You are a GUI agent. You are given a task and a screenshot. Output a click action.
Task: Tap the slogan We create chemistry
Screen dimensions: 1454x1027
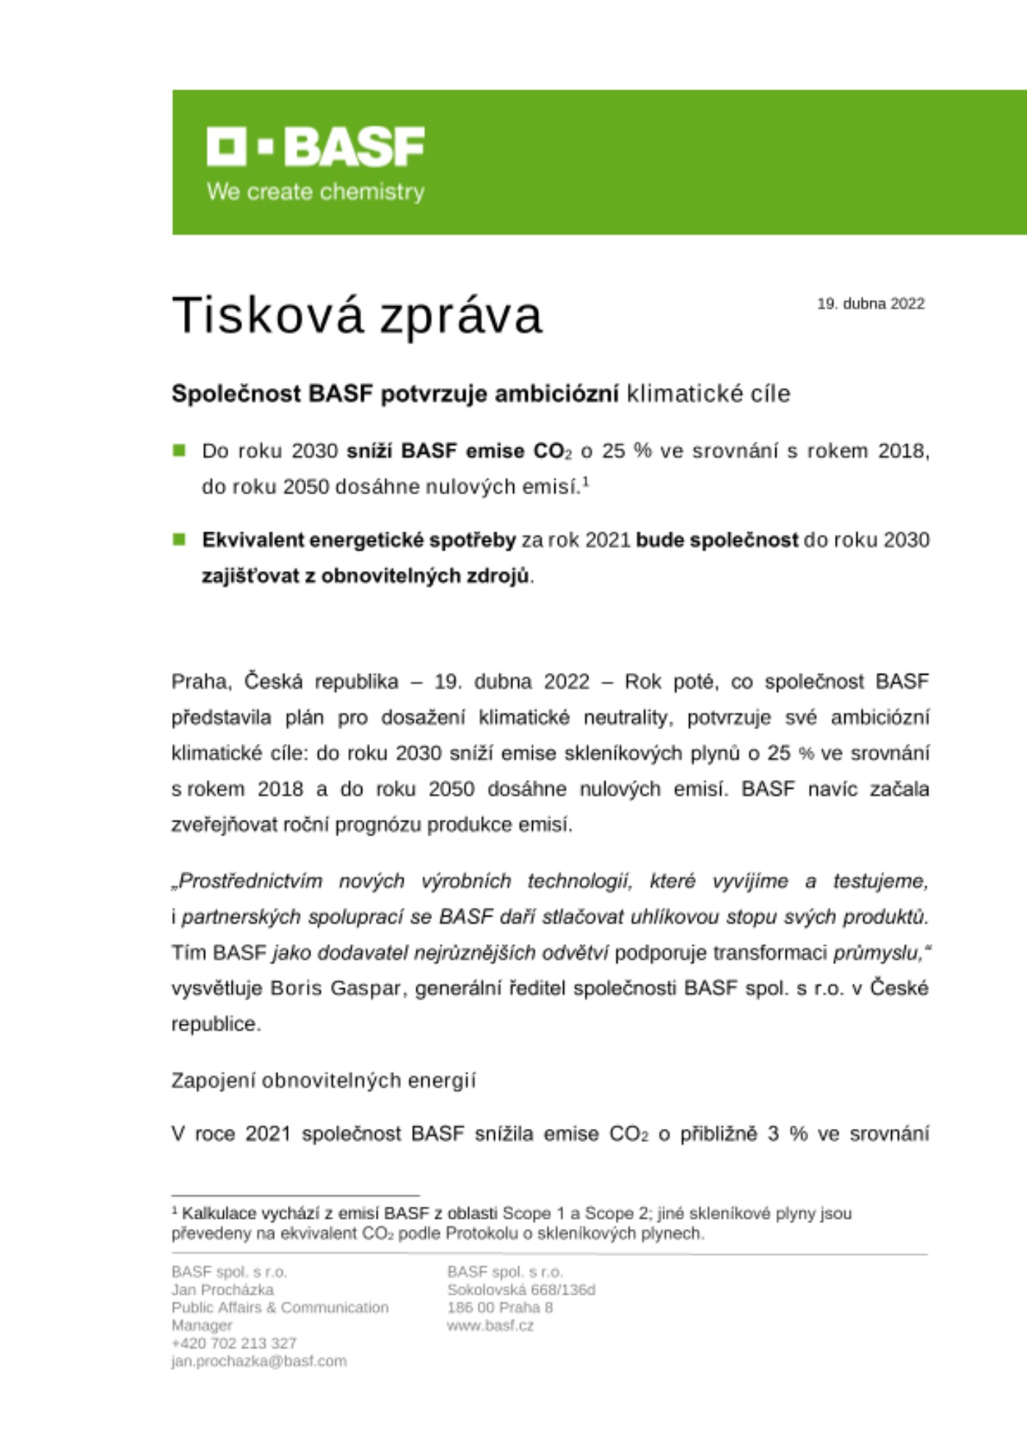click(315, 192)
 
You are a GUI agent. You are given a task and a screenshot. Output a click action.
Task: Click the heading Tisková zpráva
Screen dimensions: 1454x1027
click(357, 316)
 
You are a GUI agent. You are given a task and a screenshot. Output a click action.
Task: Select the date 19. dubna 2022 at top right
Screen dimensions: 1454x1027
click(871, 304)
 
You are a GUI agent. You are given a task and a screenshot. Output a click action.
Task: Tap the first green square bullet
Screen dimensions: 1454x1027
click(179, 451)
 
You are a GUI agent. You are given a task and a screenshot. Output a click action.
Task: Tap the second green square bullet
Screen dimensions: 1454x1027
click(179, 539)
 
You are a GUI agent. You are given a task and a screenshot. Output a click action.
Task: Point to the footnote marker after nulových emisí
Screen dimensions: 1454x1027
click(585, 481)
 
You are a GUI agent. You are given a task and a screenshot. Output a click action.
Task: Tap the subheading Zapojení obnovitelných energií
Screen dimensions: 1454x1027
click(323, 1081)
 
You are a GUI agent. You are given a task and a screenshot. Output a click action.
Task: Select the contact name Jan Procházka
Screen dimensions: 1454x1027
click(222, 1290)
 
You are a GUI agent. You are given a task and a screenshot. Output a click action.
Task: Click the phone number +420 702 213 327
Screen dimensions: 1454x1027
click(234, 1343)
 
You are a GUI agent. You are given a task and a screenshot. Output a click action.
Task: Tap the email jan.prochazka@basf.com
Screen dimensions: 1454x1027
click(259, 1361)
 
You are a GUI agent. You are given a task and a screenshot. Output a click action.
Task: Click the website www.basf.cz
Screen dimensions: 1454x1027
click(491, 1325)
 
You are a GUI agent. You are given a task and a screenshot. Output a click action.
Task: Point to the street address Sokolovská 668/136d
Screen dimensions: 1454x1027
click(521, 1290)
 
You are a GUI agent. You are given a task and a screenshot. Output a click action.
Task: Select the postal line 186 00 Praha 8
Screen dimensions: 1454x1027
click(500, 1307)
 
